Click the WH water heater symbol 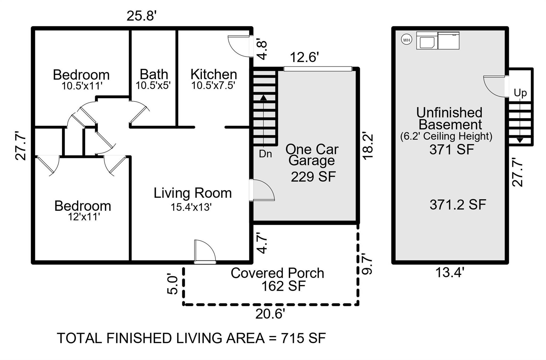pyautogui.click(x=406, y=40)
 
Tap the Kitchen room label pyautogui.click(x=214, y=74)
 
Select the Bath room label pyautogui.click(x=154, y=74)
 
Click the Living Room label pyautogui.click(x=192, y=193)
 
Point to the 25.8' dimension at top pyautogui.click(x=141, y=16)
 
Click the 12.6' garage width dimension pyautogui.click(x=304, y=57)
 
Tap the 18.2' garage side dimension pyautogui.click(x=367, y=146)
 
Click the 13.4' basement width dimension pyautogui.click(x=450, y=273)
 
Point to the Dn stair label pyautogui.click(x=265, y=154)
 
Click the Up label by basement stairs pyautogui.click(x=520, y=93)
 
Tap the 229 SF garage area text pyautogui.click(x=313, y=177)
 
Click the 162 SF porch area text pyautogui.click(x=283, y=286)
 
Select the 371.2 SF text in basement pyautogui.click(x=458, y=205)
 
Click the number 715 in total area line pyautogui.click(x=292, y=338)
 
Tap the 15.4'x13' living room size pyautogui.click(x=191, y=207)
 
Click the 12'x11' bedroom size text pyautogui.click(x=84, y=217)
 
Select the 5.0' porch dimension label pyautogui.click(x=173, y=285)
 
